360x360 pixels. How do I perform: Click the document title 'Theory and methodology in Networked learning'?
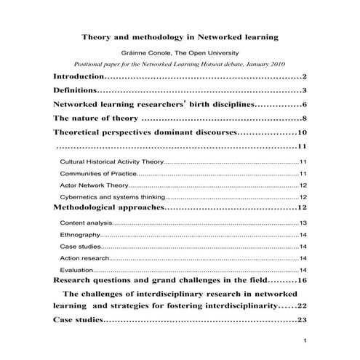pos(179,36)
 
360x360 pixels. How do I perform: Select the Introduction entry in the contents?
pos(79,76)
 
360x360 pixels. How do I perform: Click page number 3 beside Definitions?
pos(306,90)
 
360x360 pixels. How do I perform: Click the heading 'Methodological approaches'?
pos(109,208)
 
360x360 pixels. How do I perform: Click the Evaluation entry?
pos(76,270)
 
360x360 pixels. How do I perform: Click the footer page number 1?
pos(306,341)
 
